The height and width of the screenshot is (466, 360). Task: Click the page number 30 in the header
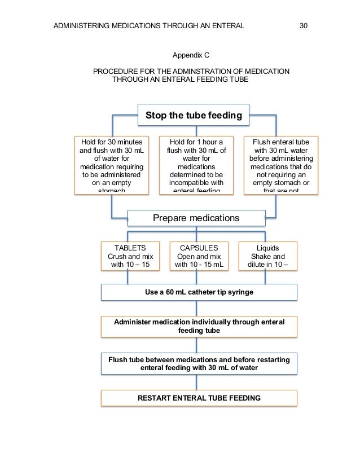(x=302, y=26)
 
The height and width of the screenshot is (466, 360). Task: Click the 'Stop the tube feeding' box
(x=194, y=116)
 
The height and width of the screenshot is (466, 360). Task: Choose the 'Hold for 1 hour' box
(x=196, y=165)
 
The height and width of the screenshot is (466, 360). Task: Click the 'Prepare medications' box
(x=196, y=218)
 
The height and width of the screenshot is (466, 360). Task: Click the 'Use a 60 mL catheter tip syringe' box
(x=199, y=292)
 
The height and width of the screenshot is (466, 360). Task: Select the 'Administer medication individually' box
(x=199, y=326)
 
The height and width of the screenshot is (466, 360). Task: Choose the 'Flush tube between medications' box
(x=199, y=363)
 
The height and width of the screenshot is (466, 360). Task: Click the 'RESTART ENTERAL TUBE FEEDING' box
(x=199, y=398)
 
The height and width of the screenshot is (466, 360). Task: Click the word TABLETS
(x=130, y=247)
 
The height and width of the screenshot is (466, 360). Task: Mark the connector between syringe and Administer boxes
(x=196, y=308)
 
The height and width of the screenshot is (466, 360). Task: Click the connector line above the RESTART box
(x=196, y=383)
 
